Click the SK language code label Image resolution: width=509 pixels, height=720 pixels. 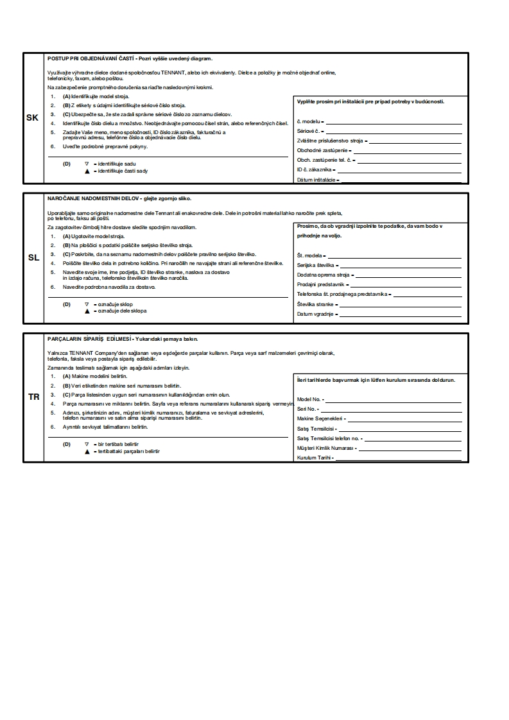click(x=33, y=118)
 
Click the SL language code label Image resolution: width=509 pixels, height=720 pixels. click(x=33, y=257)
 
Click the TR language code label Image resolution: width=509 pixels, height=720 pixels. click(x=33, y=397)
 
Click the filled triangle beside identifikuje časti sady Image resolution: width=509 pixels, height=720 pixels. click(x=87, y=171)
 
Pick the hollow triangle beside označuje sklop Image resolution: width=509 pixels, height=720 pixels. click(x=87, y=304)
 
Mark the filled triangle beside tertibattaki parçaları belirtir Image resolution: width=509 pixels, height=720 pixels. click(x=87, y=451)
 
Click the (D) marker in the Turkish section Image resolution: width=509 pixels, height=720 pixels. click(x=66, y=444)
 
